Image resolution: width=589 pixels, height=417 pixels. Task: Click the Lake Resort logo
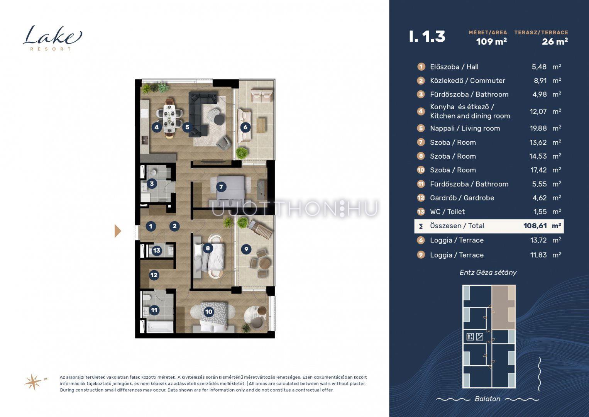pos(52,38)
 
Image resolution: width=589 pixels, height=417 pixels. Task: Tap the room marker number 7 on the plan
pos(221,187)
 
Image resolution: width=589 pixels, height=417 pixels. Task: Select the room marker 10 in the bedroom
pos(208,312)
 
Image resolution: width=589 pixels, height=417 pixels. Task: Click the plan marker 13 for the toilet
pos(156,251)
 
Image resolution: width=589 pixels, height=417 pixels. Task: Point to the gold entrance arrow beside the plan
pos(118,231)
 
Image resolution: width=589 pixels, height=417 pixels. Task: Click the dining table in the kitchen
pos(169,118)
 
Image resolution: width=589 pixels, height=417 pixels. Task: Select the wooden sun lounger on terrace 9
pos(260,229)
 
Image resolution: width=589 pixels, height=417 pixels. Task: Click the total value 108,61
pos(535,226)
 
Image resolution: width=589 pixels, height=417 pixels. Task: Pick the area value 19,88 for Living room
pos(538,129)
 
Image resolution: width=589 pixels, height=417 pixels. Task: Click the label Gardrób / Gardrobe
pos(462,198)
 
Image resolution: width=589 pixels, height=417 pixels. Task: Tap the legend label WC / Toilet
pos(447,212)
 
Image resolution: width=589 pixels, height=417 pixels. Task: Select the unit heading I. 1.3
pos(427,37)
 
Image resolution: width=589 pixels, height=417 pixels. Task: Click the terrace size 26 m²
pos(555,42)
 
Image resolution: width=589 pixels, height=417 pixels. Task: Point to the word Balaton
pos(487,399)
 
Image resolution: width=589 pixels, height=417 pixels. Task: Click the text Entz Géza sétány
pos(488,273)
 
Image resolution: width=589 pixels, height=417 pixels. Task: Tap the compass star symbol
pos(34,382)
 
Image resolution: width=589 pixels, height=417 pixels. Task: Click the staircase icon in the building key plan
pos(480,337)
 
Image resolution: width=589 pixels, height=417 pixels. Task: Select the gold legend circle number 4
pos(421,112)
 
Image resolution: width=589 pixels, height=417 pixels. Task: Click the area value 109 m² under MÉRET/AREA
pos(491,42)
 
